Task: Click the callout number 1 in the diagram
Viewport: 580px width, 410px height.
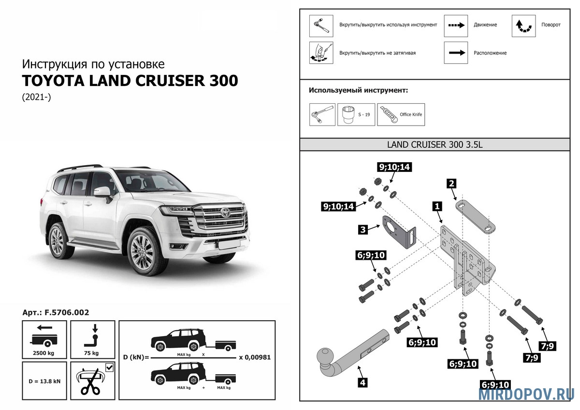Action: (437, 206)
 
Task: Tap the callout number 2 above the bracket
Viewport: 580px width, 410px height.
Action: (451, 183)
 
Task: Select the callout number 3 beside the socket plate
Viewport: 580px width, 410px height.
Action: (362, 229)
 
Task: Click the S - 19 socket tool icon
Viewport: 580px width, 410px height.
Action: (348, 115)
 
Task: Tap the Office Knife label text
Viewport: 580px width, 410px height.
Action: (411, 114)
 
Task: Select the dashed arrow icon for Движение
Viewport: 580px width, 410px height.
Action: (456, 25)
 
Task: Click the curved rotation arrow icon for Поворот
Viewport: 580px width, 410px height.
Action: (523, 26)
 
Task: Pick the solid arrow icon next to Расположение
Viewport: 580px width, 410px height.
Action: (456, 53)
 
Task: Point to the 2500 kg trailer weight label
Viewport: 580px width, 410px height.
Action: (44, 353)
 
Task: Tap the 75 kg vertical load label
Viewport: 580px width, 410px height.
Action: (92, 353)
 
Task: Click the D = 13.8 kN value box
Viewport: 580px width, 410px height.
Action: (44, 381)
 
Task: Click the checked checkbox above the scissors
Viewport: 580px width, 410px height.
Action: (109, 368)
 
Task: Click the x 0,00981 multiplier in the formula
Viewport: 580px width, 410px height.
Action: (255, 358)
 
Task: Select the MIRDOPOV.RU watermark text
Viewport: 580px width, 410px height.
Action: (526, 394)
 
